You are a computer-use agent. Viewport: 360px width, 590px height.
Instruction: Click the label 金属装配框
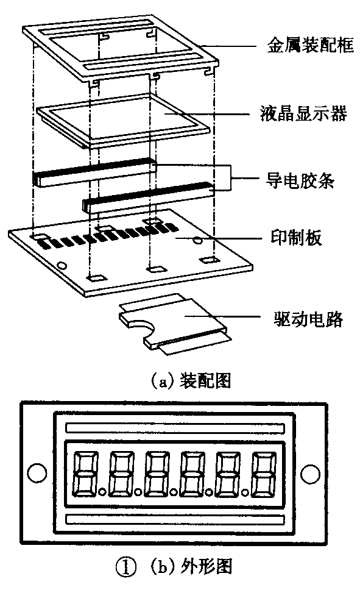tap(310, 46)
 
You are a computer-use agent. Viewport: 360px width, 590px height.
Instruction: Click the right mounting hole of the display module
tap(311, 472)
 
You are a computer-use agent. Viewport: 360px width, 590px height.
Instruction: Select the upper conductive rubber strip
tap(94, 172)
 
